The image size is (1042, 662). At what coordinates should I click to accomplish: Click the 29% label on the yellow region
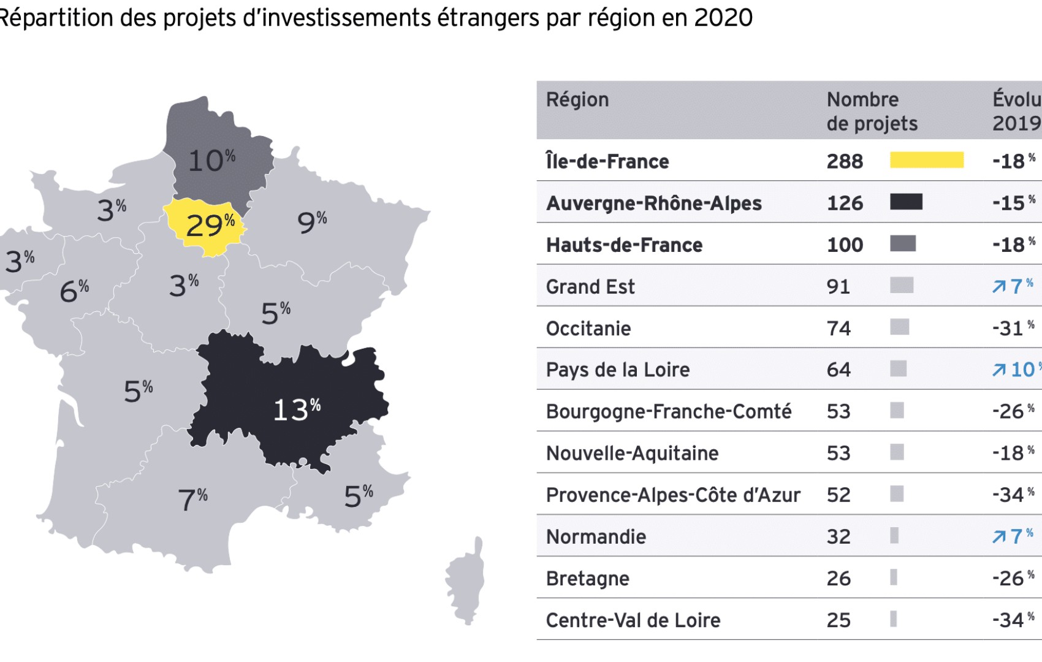tap(210, 226)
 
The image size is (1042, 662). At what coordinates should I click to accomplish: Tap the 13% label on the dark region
tap(297, 409)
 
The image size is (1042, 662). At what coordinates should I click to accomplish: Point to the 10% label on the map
tap(211, 160)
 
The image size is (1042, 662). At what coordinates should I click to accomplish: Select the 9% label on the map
tap(311, 222)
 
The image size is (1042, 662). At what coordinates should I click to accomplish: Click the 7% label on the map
tap(192, 499)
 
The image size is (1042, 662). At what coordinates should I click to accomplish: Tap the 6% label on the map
tap(74, 291)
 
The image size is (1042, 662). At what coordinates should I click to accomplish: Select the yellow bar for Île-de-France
tap(926, 161)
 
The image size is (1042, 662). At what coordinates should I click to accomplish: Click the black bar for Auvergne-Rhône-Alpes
tap(906, 202)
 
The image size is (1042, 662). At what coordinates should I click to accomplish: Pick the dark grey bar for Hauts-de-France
tap(903, 244)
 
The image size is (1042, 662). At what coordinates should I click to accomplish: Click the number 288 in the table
tap(845, 161)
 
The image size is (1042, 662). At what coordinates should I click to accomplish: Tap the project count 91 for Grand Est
tap(838, 286)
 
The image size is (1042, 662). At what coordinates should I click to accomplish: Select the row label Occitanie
tap(588, 329)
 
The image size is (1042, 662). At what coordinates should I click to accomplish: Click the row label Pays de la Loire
tap(617, 370)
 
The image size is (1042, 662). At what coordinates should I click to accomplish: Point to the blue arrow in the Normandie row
tap(999, 537)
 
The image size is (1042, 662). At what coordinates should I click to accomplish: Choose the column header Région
tap(577, 100)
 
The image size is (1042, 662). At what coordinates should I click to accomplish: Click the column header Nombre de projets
tap(871, 112)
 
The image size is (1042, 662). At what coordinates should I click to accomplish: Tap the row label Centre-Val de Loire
tap(633, 620)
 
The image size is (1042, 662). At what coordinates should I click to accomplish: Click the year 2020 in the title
tap(723, 18)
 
